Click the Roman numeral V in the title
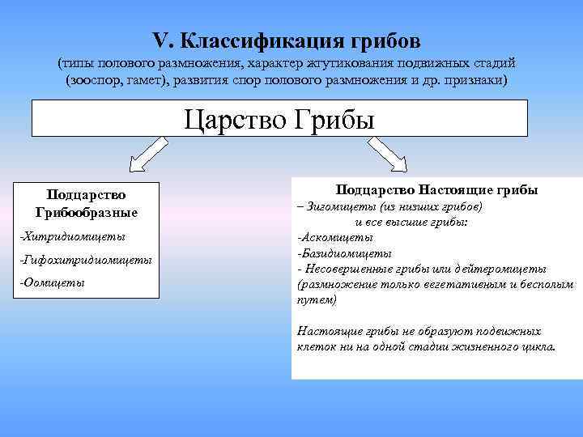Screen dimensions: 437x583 (158, 40)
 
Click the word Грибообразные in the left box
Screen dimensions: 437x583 (87, 212)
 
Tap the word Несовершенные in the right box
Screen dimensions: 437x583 (349, 269)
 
